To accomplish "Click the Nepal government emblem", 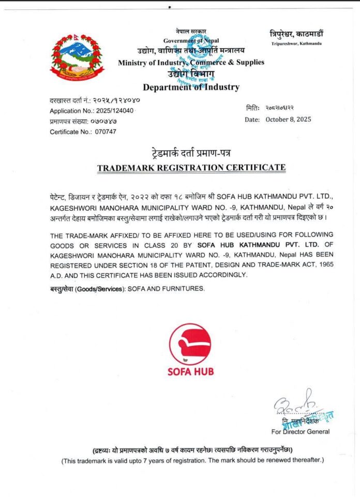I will (x=77, y=57).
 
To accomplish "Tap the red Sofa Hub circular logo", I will (x=190, y=344).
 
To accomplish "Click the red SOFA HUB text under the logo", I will (x=190, y=372).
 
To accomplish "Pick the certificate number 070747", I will (x=106, y=131).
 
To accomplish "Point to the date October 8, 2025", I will (x=288, y=120).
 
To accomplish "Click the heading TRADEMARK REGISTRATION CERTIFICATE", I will (x=191, y=168).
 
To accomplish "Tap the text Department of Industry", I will (x=191, y=87).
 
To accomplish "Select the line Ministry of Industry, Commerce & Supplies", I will (x=191, y=62).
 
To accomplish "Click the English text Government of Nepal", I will (x=191, y=40).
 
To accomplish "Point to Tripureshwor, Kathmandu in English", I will (x=296, y=43).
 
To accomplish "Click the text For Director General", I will (x=300, y=431).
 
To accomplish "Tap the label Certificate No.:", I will (x=70, y=131).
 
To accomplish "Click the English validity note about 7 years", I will (x=192, y=460).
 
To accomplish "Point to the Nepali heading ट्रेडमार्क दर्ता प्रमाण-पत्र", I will (x=191, y=154).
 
